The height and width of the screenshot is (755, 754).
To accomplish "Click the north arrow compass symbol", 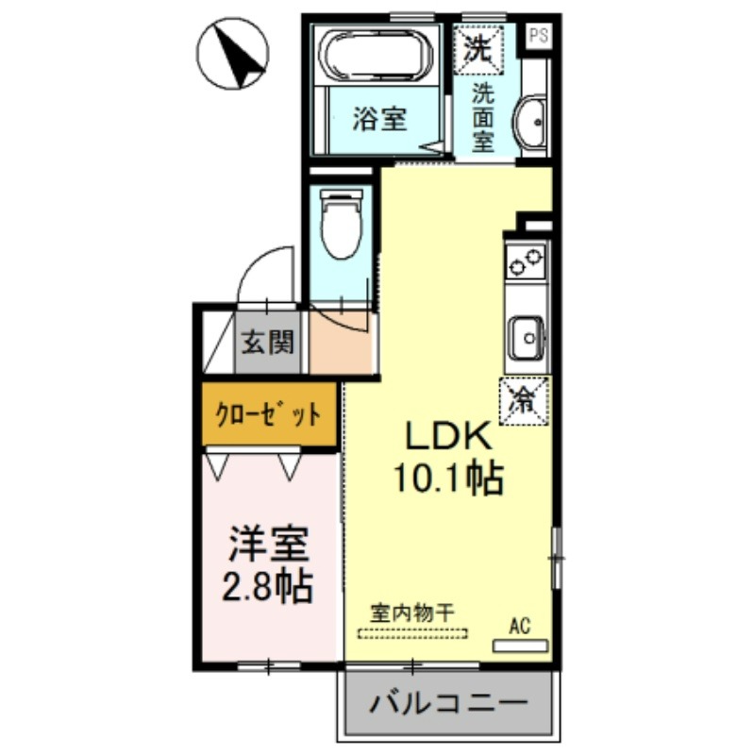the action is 232,54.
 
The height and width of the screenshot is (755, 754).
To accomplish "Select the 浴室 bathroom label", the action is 380,119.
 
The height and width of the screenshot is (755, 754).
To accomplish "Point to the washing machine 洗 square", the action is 478,49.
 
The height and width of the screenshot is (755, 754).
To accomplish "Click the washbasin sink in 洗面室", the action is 530,122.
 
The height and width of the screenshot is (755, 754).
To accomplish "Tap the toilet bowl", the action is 341,224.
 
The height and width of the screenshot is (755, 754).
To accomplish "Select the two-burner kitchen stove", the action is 526,260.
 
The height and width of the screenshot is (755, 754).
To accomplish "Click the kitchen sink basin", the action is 528,338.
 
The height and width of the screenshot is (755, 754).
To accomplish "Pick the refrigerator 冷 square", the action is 524,401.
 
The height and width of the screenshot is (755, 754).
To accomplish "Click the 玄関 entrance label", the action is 268,343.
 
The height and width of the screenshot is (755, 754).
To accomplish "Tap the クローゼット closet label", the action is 268,413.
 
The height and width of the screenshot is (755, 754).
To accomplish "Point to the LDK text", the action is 449,436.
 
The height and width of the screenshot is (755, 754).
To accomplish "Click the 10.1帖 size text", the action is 449,478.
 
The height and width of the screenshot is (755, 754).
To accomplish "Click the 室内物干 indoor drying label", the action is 412,613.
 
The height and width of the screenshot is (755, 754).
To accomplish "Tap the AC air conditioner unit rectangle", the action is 521,646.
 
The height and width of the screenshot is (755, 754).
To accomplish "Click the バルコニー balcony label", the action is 448,704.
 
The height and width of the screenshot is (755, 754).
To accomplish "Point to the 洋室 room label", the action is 268,545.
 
